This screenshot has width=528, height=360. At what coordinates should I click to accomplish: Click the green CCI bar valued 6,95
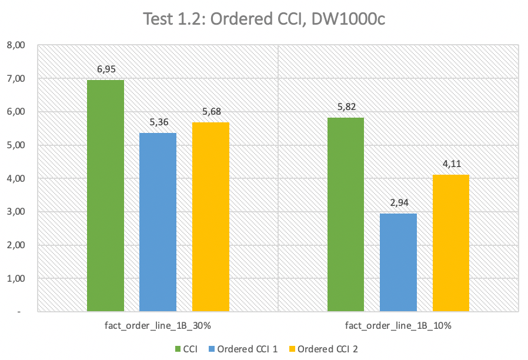tap(105, 195)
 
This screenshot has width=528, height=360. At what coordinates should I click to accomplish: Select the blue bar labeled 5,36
tap(158, 222)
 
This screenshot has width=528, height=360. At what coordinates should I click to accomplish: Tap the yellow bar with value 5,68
tap(210, 216)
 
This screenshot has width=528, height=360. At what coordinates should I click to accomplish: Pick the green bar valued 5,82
tap(346, 214)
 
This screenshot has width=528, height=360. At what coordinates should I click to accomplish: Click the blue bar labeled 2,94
tap(398, 262)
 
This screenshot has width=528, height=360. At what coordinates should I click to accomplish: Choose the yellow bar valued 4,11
tap(451, 243)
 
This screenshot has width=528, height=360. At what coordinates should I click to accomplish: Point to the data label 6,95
tap(106, 69)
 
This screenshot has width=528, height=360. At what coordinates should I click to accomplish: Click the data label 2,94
tap(399, 203)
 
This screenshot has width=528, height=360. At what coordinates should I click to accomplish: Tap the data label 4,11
tap(451, 164)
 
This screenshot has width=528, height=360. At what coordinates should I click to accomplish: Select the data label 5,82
tap(346, 107)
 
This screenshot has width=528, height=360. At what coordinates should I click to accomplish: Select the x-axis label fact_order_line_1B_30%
tap(158, 325)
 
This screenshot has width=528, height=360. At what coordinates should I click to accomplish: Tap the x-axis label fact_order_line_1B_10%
tap(398, 325)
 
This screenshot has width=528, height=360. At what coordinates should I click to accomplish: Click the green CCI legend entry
tap(185, 349)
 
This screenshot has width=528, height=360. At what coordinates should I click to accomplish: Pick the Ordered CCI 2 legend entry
tap(322, 349)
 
